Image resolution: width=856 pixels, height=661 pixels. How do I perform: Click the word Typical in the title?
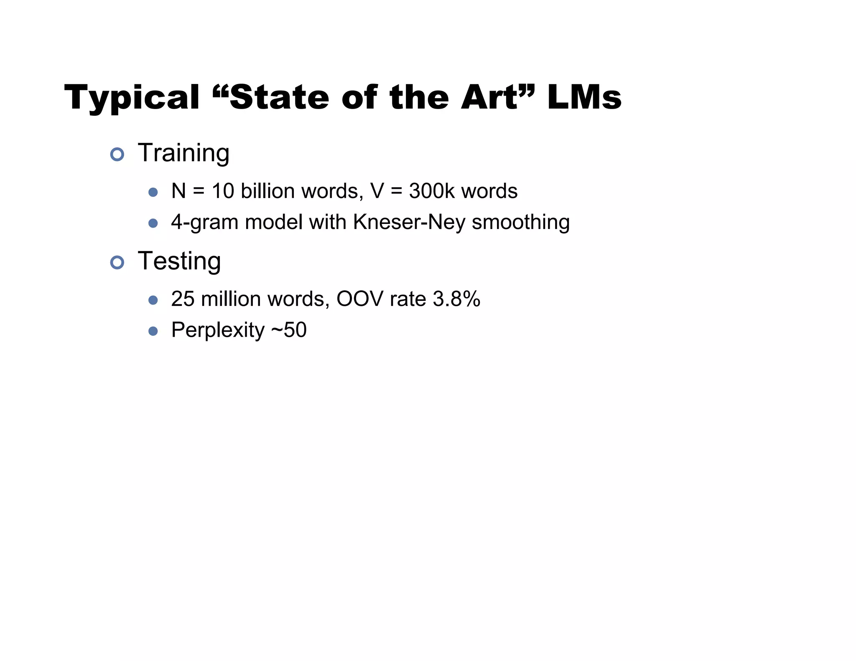pyautogui.click(x=132, y=98)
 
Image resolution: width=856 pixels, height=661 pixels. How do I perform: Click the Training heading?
pyautogui.click(x=183, y=153)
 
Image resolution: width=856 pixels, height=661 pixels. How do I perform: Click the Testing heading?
pyautogui.click(x=179, y=261)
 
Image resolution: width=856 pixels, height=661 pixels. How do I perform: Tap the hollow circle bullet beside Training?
pyautogui.click(x=117, y=155)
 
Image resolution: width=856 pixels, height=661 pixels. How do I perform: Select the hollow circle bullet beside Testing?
pyautogui.click(x=117, y=262)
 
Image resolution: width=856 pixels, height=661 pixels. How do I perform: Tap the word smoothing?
pyautogui.click(x=521, y=222)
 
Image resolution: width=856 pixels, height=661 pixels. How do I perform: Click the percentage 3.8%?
pyautogui.click(x=456, y=299)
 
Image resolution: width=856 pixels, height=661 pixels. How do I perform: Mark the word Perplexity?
pyautogui.click(x=218, y=330)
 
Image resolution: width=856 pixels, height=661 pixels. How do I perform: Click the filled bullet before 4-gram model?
pyautogui.click(x=153, y=223)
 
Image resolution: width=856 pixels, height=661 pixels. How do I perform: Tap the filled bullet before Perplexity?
pyautogui.click(x=153, y=331)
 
